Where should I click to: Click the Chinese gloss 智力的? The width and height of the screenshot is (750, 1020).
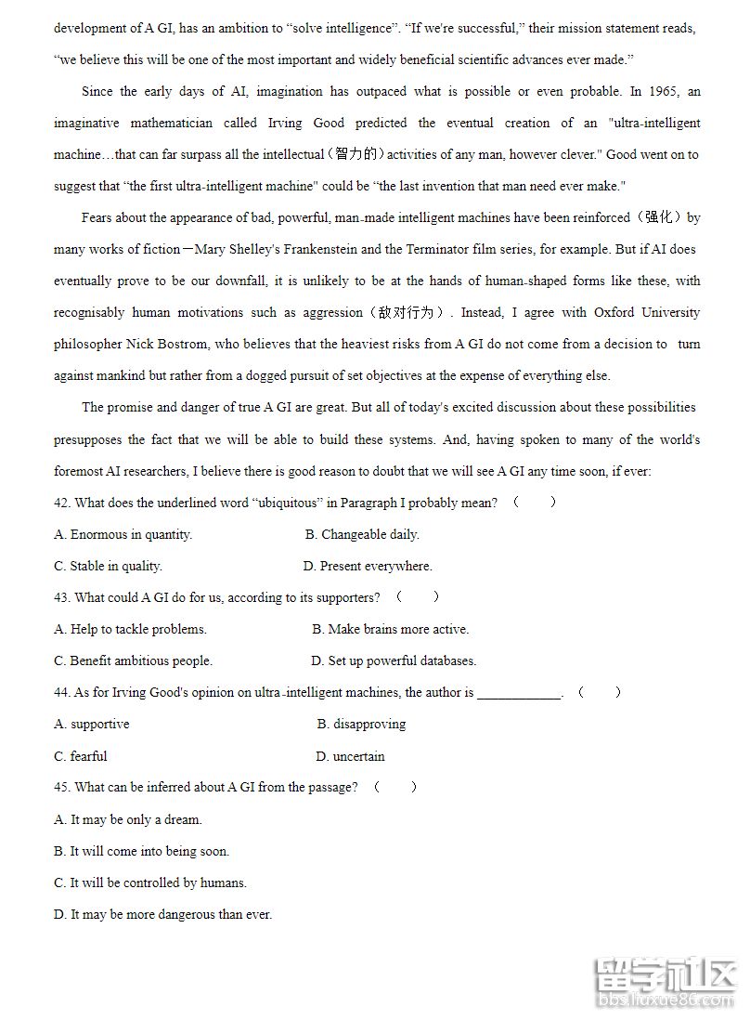(x=356, y=154)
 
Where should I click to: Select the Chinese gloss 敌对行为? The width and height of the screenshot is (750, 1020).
(x=407, y=312)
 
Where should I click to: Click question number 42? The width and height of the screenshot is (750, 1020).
(x=62, y=503)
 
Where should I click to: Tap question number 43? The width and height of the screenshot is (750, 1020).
(x=62, y=597)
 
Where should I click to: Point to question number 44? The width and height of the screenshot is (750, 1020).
(x=62, y=692)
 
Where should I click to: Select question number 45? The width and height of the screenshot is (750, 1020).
(x=62, y=787)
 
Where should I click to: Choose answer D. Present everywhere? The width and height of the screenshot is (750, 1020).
(x=368, y=566)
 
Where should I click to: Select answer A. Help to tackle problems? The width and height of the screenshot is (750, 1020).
(x=130, y=629)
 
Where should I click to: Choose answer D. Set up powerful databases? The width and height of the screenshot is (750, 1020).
(x=394, y=660)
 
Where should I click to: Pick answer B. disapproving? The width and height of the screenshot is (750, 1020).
(x=361, y=724)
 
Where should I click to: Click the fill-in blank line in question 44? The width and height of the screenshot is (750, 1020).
(x=520, y=693)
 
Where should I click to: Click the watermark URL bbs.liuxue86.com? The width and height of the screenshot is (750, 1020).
(x=666, y=1001)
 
